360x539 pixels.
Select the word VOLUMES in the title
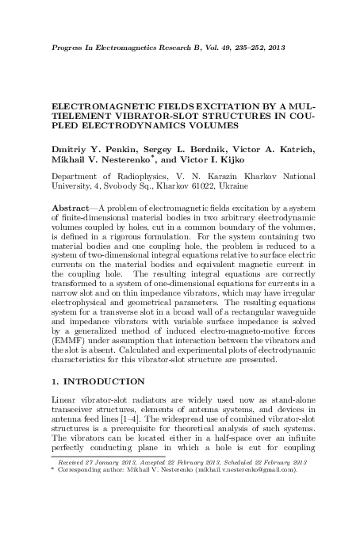click(x=214, y=126)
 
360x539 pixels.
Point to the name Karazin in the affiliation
click(x=209, y=178)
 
